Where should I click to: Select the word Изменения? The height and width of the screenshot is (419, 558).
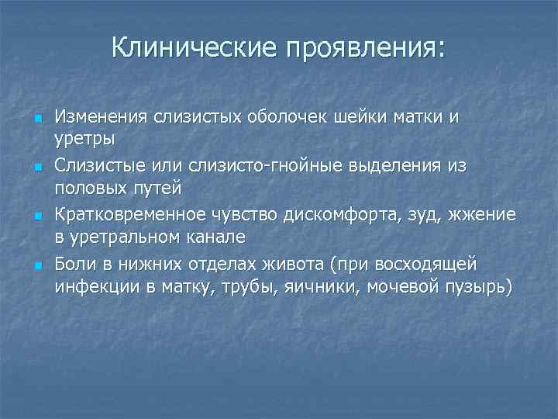pos(100,117)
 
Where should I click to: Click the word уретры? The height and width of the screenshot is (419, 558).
pos(84,138)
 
